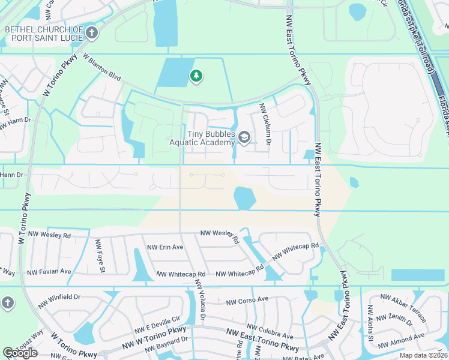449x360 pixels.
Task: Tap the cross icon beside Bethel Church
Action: click(x=91, y=33)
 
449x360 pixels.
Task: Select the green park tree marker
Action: click(x=195, y=76)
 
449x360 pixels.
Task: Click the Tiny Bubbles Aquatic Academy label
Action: click(x=202, y=138)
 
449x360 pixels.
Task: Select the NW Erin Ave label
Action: click(x=165, y=247)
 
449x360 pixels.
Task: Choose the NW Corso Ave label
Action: click(x=247, y=300)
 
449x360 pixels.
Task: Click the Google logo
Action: click(x=20, y=353)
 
